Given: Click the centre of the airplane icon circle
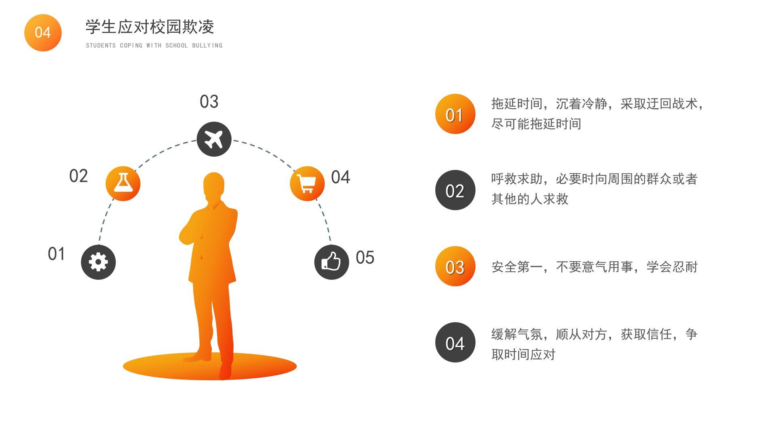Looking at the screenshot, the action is click(x=214, y=139).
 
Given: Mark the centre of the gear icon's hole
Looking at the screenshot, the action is click(x=98, y=262).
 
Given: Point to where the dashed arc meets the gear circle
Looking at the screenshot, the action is click(x=99, y=245).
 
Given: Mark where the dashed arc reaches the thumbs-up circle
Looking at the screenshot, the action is click(x=331, y=245).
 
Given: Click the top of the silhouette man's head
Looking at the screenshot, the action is click(x=214, y=173).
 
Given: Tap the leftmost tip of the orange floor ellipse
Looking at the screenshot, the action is click(x=123, y=367).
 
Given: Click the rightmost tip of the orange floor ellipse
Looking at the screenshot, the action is click(x=297, y=367).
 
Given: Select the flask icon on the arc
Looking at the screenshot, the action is click(x=123, y=183).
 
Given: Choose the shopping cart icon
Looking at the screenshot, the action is click(x=306, y=184).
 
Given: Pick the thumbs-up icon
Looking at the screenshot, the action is click(x=331, y=261).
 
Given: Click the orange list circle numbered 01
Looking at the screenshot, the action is click(x=455, y=114).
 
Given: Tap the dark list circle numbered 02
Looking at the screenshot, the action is click(x=455, y=190).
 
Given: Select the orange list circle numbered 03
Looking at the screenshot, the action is click(x=455, y=266).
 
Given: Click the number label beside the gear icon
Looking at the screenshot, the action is click(x=56, y=254).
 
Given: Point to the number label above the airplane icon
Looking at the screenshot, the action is click(x=209, y=101).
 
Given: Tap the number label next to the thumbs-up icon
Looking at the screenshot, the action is click(x=365, y=257).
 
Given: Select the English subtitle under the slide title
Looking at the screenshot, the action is click(x=154, y=46).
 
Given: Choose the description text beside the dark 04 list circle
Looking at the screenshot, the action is click(x=595, y=344).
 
